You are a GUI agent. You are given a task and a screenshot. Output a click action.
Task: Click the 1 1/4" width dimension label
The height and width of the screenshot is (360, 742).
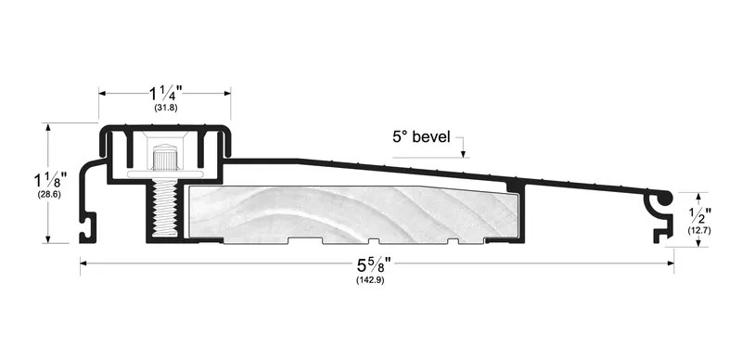coord(165,94)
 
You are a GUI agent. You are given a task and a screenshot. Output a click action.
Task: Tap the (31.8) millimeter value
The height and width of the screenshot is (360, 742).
coord(166,108)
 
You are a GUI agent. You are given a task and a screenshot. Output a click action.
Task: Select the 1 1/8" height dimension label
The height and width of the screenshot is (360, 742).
coord(50,181)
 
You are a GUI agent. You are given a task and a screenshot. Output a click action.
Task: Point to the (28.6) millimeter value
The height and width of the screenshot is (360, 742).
coord(49,194)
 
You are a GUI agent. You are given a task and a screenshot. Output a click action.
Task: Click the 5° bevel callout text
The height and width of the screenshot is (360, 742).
coord(421,137)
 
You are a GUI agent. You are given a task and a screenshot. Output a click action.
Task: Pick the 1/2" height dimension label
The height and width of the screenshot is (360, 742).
coord(700,216)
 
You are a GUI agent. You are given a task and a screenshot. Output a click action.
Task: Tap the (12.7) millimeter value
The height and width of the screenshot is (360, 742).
coord(699,231)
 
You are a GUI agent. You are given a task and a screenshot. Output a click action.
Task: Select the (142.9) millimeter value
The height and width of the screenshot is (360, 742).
coord(370,279)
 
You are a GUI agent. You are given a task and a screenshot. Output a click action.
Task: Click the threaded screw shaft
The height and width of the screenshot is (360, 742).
coord(164,209)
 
